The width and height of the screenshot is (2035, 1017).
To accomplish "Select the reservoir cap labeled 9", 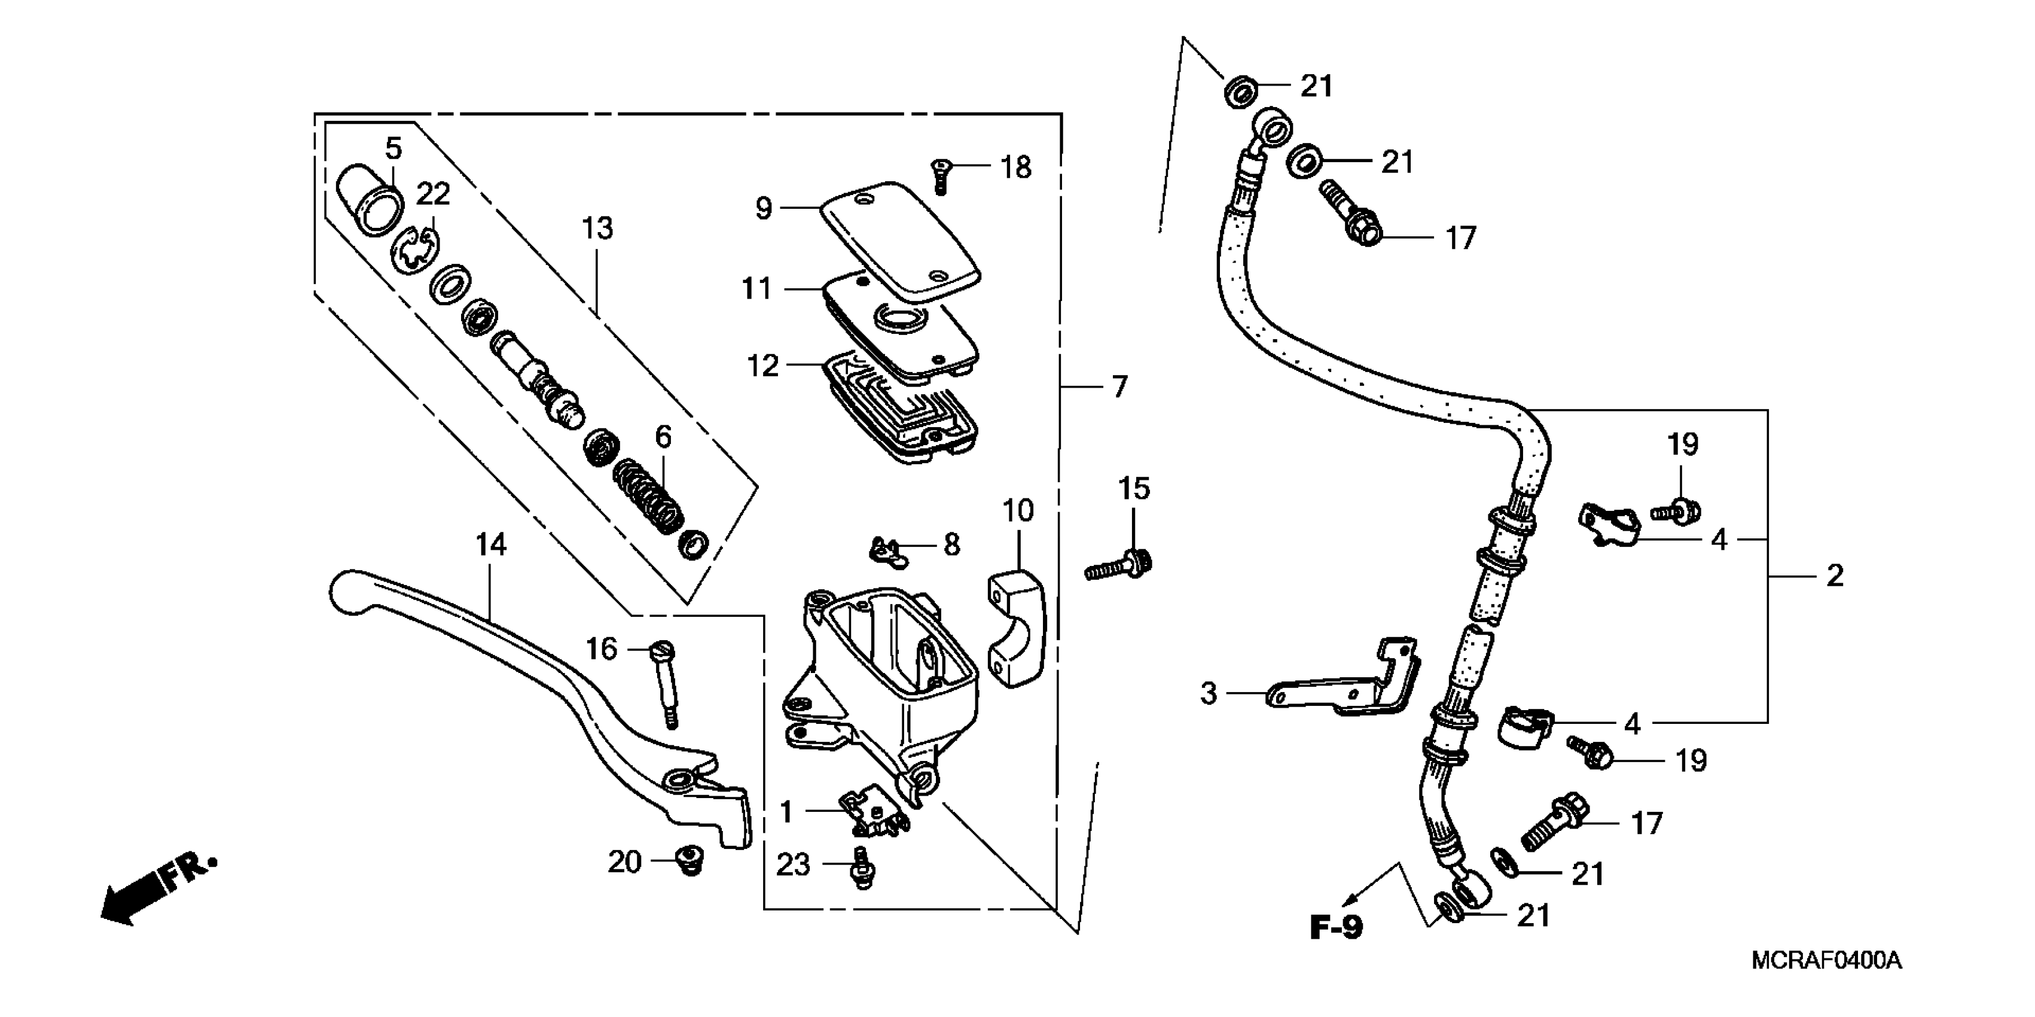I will (901, 241).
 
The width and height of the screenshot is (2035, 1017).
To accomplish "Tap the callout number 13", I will (597, 229).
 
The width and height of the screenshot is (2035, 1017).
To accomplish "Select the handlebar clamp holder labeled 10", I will (1016, 632).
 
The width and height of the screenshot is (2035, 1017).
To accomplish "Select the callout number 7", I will (1119, 387).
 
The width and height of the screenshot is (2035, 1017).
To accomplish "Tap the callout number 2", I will (1834, 576).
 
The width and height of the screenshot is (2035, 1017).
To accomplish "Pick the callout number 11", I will (756, 288).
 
